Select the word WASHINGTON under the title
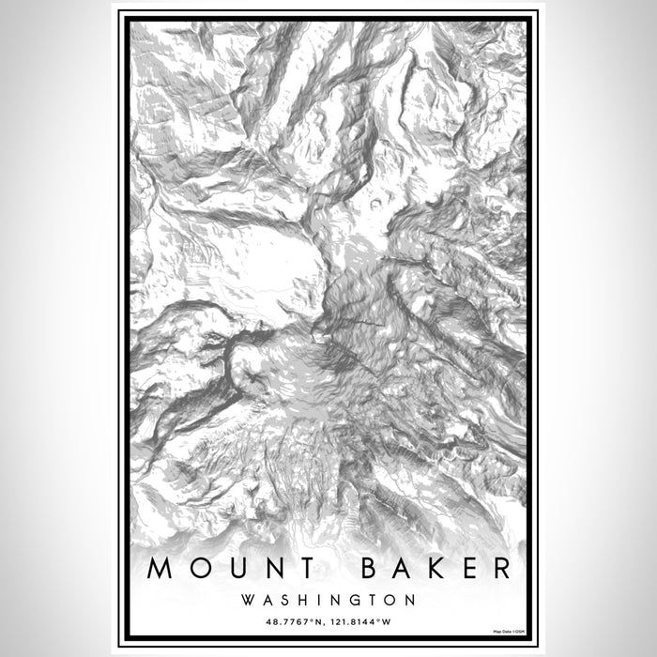pyautogui.click(x=328, y=598)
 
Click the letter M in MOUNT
pyautogui.click(x=160, y=568)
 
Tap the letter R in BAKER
pyautogui.click(x=501, y=568)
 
